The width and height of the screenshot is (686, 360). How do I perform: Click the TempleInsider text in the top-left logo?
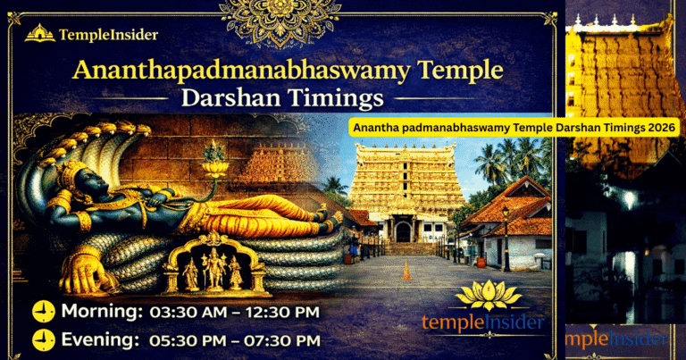pos(109,35)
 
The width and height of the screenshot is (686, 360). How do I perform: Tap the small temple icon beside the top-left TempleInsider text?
pos(40,34)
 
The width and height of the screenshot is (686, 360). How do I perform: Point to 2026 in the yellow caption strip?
pos(660,129)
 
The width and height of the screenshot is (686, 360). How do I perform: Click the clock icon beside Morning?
pos(42,312)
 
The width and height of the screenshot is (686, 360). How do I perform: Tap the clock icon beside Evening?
pos(42,340)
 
